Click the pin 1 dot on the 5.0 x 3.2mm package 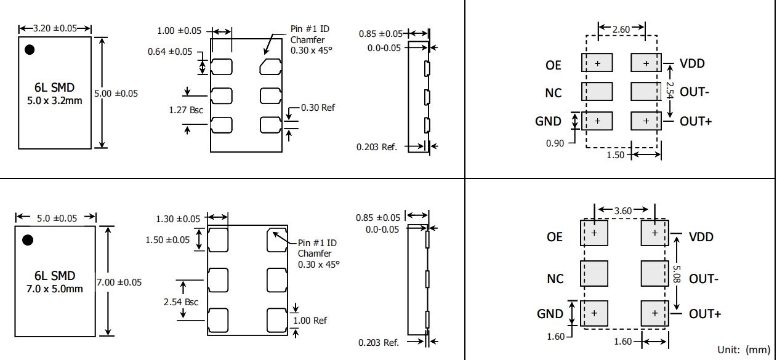pyautogui.click(x=28, y=49)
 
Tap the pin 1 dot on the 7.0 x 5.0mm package pyautogui.click(x=28, y=239)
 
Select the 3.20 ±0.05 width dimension pyautogui.click(x=55, y=28)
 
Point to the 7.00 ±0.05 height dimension pyautogui.click(x=119, y=282)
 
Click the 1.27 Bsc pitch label pyautogui.click(x=186, y=111)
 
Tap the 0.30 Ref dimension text pyautogui.click(x=318, y=108)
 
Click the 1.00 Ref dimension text pyautogui.click(x=311, y=320)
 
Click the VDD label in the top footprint pyautogui.click(x=692, y=63)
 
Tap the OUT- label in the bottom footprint pyautogui.click(x=703, y=279)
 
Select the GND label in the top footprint pyautogui.click(x=548, y=121)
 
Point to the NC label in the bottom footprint pyautogui.click(x=555, y=279)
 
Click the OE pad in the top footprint pyautogui.click(x=597, y=63)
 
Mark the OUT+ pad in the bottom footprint pyautogui.click(x=654, y=313)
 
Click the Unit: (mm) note pyautogui.click(x=744, y=350)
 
